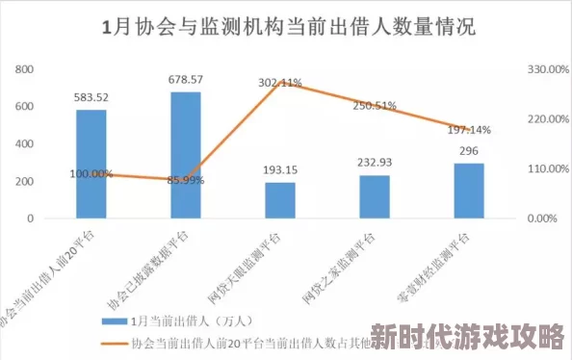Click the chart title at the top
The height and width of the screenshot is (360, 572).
click(287, 27)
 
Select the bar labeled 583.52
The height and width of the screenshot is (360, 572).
click(91, 164)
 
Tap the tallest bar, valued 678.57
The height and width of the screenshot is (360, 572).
click(185, 154)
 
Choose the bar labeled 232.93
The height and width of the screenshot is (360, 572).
click(375, 196)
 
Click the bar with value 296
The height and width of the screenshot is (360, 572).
click(469, 191)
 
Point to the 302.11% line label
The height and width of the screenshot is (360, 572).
click(280, 83)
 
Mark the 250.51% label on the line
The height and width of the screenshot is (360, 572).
click(375, 106)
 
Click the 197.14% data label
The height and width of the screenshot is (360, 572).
click(470, 129)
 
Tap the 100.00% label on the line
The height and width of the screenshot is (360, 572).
click(91, 174)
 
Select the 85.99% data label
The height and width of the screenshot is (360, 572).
click(185, 180)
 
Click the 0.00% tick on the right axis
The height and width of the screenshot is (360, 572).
click(541, 219)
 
